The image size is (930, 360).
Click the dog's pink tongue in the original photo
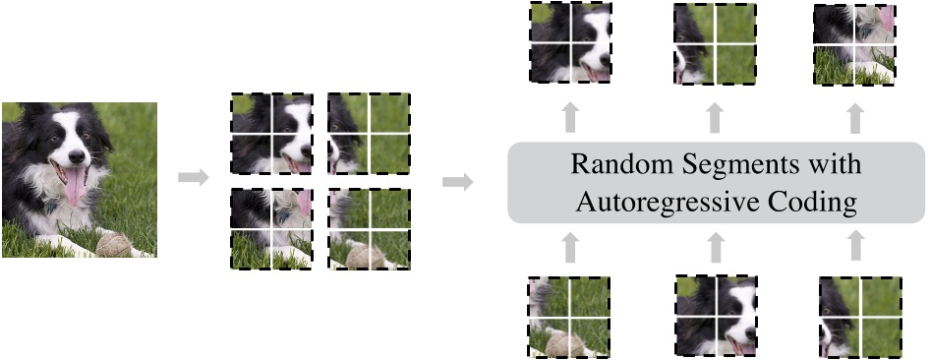[x=75, y=186]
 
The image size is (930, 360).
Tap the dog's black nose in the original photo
[x=77, y=157]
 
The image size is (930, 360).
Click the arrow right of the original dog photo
[x=193, y=178]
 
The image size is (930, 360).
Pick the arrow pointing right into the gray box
[x=457, y=181]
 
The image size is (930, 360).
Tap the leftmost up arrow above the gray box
[x=569, y=119]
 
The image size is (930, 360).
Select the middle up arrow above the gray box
[x=714, y=119]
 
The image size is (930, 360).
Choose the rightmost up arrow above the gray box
[x=856, y=119]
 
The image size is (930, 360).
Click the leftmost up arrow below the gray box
[x=569, y=246]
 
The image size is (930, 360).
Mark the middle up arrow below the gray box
[x=714, y=246]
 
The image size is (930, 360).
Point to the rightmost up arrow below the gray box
[x=856, y=246]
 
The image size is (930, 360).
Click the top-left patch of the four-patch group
[x=270, y=135]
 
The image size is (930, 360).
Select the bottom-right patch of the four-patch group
[x=369, y=228]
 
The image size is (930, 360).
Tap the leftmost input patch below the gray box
[x=569, y=316]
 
